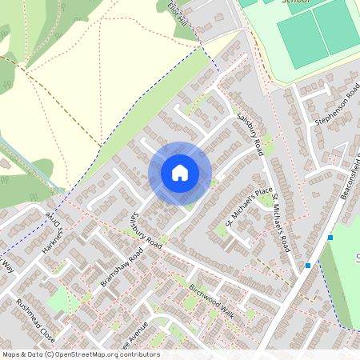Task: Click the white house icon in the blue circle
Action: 180,173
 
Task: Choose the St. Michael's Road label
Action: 279,223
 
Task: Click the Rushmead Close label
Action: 36,320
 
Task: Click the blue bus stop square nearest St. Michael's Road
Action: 307,265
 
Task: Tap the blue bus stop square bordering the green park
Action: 330,238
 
